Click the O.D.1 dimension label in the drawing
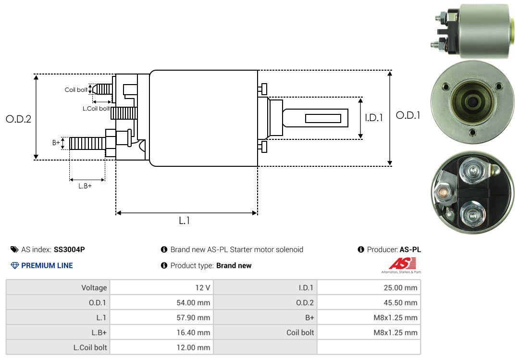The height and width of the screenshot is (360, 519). [x=408, y=115]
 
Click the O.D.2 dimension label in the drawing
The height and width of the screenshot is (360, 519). [x=18, y=119]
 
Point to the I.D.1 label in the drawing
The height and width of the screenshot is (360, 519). [x=373, y=117]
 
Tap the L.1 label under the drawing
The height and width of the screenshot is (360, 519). [x=185, y=221]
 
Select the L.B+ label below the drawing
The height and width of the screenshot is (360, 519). [x=85, y=186]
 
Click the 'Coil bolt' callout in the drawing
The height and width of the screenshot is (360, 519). [x=76, y=90]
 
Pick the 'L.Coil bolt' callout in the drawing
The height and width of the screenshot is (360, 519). [x=96, y=109]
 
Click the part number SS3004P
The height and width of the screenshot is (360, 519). [x=69, y=249]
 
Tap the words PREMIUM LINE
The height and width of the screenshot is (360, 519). [x=47, y=265]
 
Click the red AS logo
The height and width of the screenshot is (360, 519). [x=402, y=264]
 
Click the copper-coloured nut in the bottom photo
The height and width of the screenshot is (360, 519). [x=442, y=193]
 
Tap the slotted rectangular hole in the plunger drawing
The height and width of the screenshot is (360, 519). [x=323, y=118]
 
